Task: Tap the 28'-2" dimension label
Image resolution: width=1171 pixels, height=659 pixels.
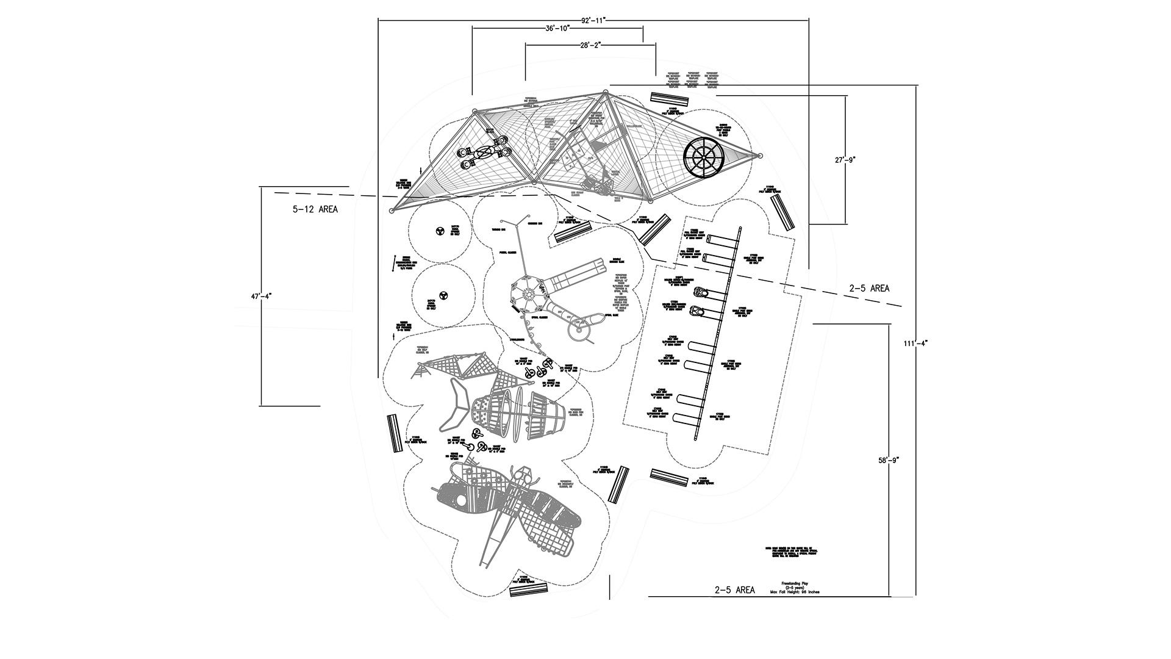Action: (590, 45)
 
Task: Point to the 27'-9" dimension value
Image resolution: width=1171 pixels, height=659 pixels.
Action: (845, 160)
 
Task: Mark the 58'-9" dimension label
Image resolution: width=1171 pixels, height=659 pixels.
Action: (889, 461)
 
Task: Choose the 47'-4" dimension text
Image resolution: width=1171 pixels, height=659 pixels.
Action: (261, 296)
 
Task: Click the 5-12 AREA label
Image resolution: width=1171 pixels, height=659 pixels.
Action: (315, 209)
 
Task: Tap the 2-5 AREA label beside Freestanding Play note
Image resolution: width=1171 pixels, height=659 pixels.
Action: (734, 590)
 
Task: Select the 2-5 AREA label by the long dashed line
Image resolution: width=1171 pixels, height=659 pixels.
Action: (868, 289)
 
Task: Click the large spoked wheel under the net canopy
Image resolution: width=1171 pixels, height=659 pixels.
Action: (703, 157)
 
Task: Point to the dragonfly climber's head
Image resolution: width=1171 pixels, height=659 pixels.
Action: (523, 474)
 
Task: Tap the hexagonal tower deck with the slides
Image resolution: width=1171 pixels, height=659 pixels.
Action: (529, 293)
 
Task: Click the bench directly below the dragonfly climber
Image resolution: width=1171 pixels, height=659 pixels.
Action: (528, 588)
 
